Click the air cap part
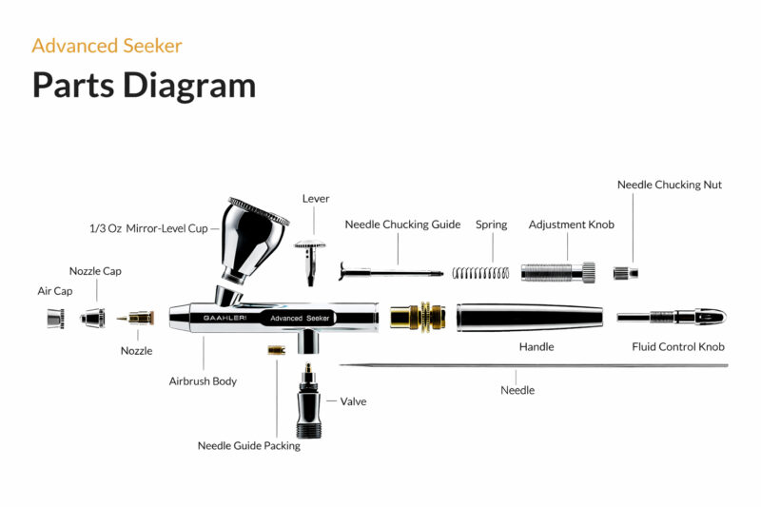coord(54,319)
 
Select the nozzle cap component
coord(92,318)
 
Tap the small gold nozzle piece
coord(139,318)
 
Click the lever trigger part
coord(310,256)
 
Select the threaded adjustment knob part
coord(558,272)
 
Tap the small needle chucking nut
coord(624,273)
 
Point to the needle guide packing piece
coord(276,350)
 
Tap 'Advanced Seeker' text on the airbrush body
coord(300,318)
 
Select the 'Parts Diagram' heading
coord(144,85)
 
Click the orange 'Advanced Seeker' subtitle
coord(107,45)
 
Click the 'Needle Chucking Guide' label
coord(402,224)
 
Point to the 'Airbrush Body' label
coord(203,380)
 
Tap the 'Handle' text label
coord(537,347)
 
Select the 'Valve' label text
coord(353,401)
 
